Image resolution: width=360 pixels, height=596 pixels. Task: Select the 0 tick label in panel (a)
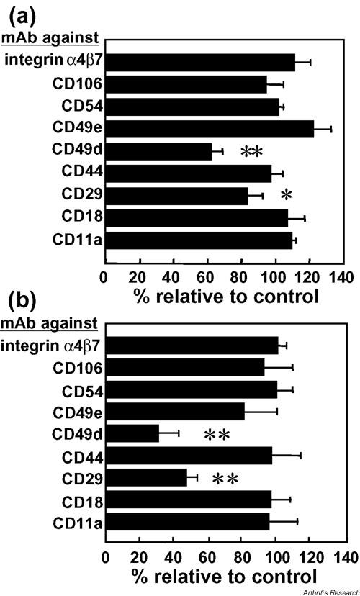click(105, 276)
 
